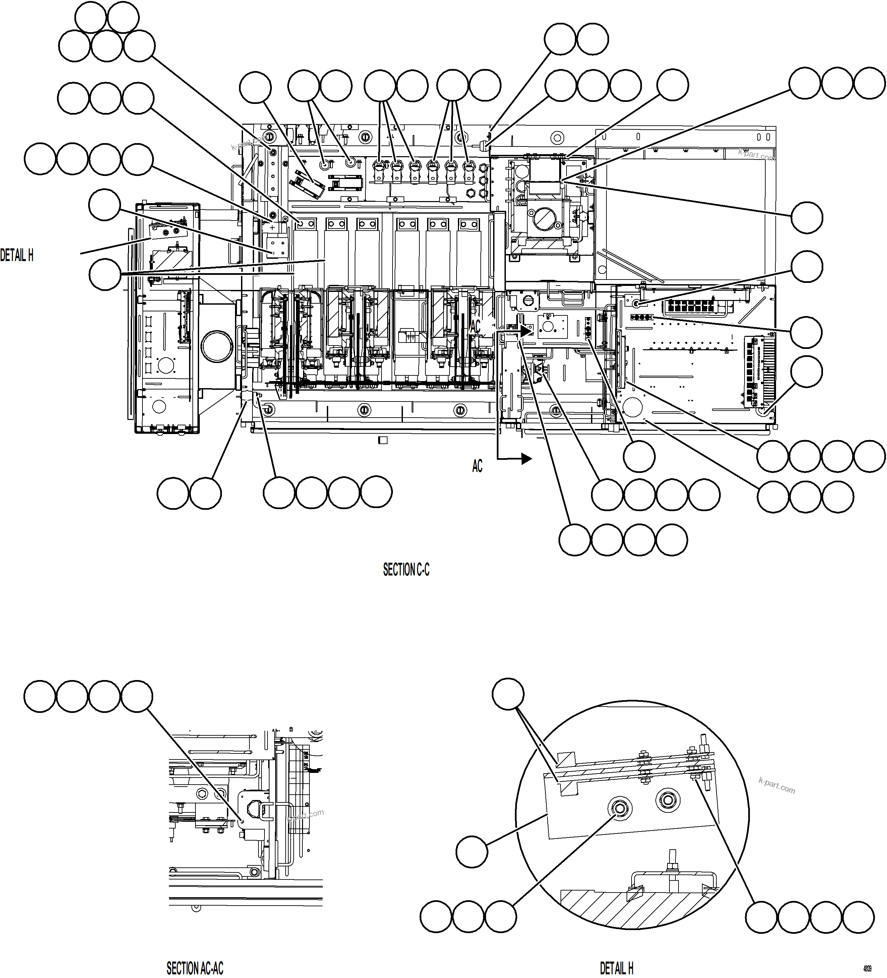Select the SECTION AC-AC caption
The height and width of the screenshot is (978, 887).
pos(195,968)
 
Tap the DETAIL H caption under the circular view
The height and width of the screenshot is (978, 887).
pos(616,968)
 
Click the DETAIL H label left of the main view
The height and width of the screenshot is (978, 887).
pos(17,256)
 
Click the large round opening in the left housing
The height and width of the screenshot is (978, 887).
pos(217,346)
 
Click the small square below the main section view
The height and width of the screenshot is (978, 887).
pos(383,440)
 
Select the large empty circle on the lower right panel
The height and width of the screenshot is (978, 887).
pos(632,407)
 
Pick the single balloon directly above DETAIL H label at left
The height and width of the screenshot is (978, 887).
pos(105,206)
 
